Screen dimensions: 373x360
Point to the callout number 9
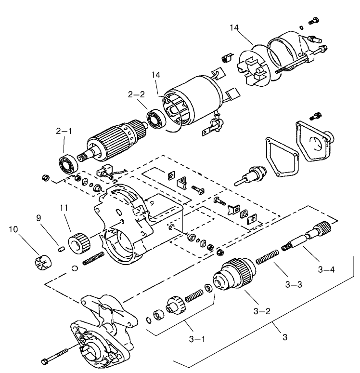coord(40,218)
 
